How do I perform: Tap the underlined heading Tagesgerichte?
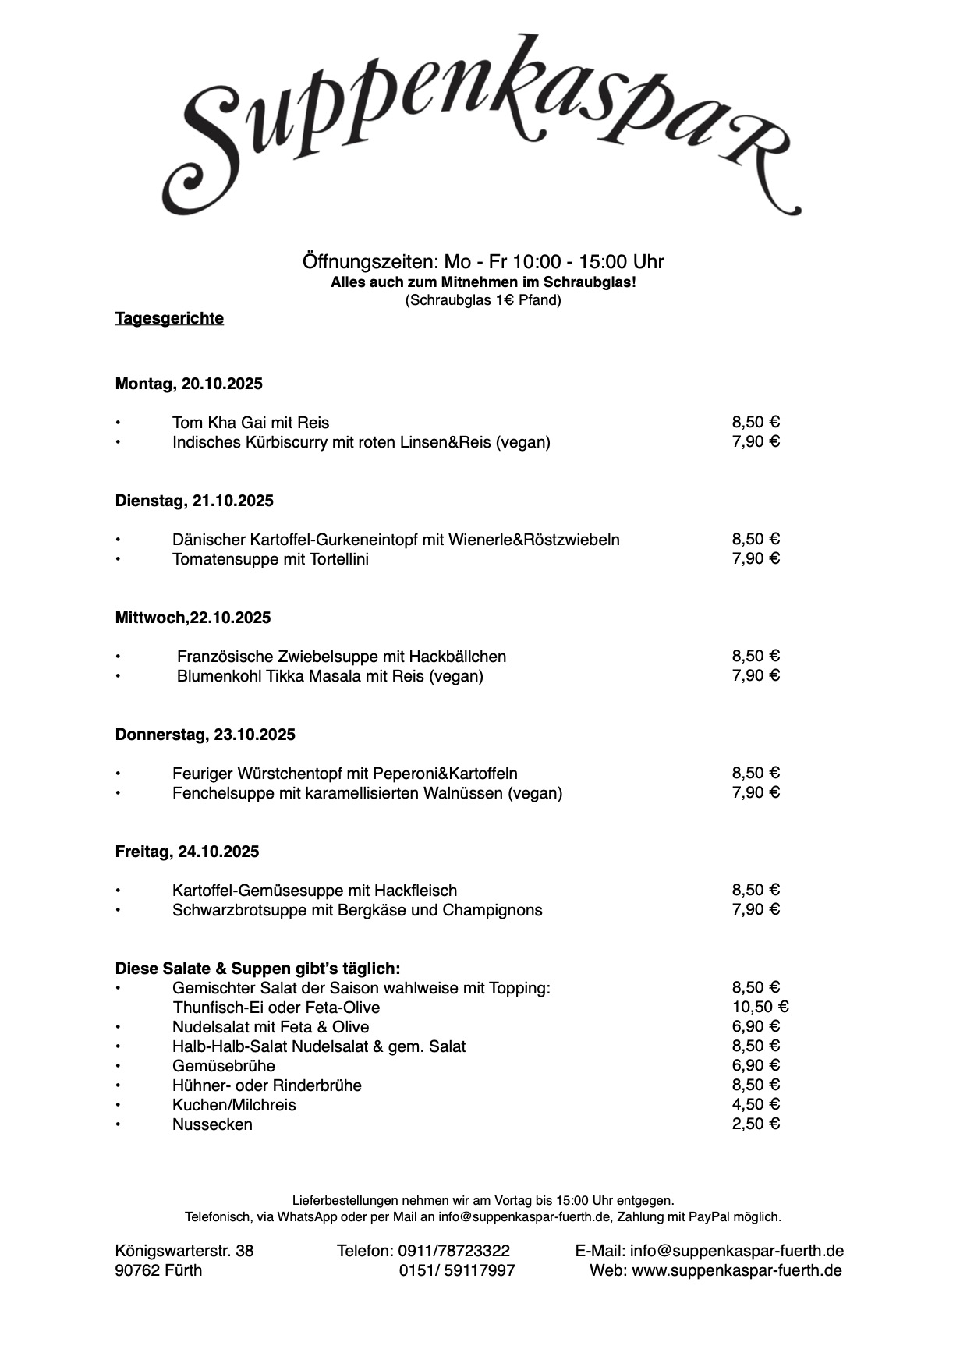(169, 318)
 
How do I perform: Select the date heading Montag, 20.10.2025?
(189, 384)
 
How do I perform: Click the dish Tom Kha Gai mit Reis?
(250, 423)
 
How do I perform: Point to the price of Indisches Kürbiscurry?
(756, 441)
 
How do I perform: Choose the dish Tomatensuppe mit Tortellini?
(271, 559)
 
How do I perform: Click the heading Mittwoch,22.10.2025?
(193, 618)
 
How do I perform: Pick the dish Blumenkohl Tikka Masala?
(330, 676)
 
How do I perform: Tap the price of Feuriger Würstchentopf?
(756, 773)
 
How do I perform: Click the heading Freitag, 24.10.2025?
(187, 852)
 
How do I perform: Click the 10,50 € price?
(760, 1007)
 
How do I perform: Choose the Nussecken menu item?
(212, 1124)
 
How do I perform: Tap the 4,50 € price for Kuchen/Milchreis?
(756, 1104)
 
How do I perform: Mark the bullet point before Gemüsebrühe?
(119, 1066)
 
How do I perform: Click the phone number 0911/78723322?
(454, 1251)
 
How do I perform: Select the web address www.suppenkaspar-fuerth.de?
(736, 1270)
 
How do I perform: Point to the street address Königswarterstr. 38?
(184, 1251)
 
